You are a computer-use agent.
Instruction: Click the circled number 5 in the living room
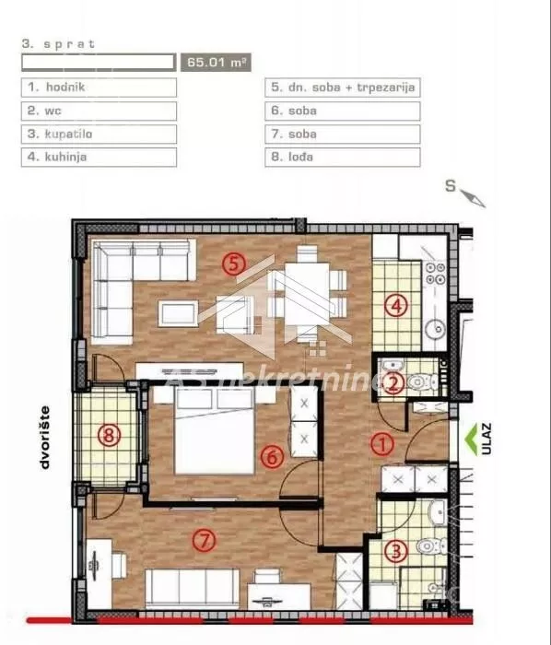click(x=233, y=264)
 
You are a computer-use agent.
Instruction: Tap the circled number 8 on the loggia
click(x=109, y=435)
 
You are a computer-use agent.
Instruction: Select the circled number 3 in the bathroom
click(x=396, y=550)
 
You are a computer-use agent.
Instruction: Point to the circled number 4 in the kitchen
click(x=396, y=306)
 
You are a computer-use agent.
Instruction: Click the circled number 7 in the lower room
click(x=204, y=540)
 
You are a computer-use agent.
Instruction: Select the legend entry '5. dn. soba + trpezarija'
click(x=343, y=88)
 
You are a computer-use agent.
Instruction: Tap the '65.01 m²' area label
click(x=216, y=63)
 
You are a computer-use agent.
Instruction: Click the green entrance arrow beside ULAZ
click(x=471, y=439)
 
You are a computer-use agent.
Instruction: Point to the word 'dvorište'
click(x=44, y=438)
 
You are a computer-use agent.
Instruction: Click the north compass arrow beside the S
click(x=473, y=199)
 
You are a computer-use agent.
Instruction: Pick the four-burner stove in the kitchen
click(x=436, y=274)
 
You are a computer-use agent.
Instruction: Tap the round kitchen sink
click(x=436, y=328)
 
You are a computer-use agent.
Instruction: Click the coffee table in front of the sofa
click(x=179, y=313)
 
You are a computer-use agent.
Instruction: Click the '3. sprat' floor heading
click(x=58, y=44)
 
